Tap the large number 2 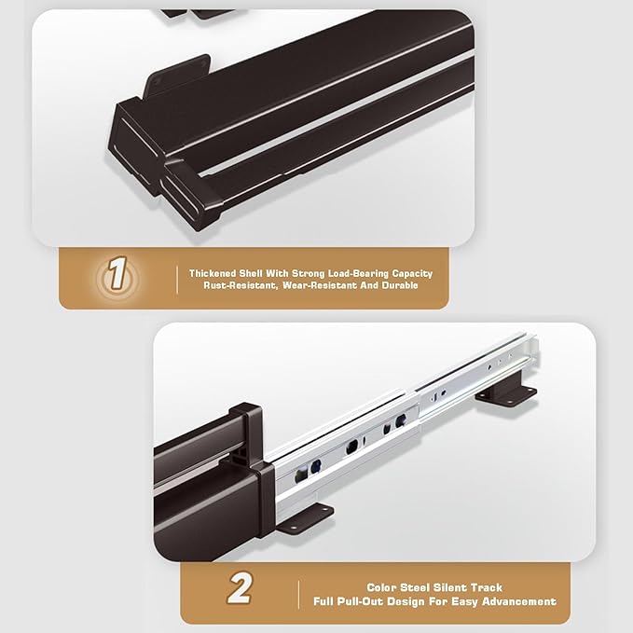[240, 587]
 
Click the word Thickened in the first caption [213, 273]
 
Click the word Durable [400, 285]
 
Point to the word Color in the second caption [382, 587]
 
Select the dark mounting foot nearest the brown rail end [305, 518]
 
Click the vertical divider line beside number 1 [177, 280]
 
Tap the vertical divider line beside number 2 [298, 594]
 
